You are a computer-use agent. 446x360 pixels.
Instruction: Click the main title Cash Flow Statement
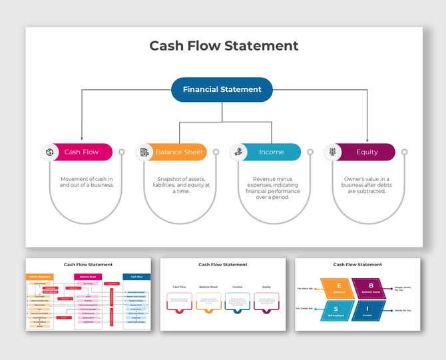point(224,46)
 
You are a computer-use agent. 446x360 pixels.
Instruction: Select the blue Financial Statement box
point(222,90)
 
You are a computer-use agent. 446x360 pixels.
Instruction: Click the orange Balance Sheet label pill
point(178,152)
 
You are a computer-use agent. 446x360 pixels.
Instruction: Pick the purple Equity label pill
point(367,152)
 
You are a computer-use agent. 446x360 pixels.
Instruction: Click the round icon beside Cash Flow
point(50,152)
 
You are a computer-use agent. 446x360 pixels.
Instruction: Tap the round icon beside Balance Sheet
point(144,152)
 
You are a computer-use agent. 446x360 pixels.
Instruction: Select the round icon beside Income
point(238,152)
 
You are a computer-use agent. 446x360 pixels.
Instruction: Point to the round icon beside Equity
point(333,152)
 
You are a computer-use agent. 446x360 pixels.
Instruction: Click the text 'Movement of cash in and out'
point(87,182)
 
